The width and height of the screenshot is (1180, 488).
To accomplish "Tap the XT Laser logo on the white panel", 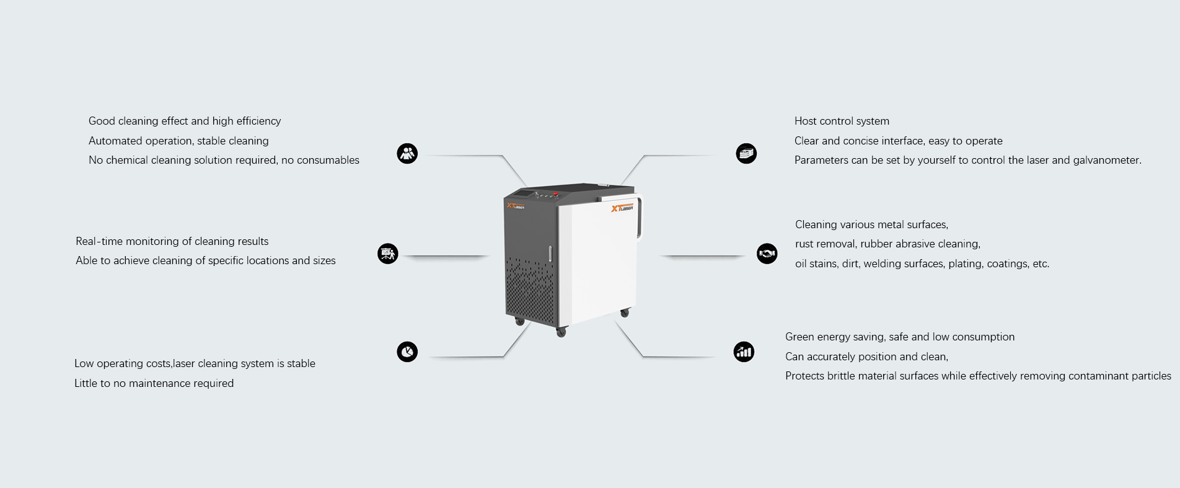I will [x=622, y=208].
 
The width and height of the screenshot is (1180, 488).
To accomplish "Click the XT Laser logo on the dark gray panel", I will [x=516, y=206].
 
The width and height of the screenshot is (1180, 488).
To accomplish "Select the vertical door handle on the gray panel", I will [x=550, y=254].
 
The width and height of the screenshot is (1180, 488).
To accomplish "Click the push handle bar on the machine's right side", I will [x=640, y=217].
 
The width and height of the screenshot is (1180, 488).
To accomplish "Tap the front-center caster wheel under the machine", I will [x=561, y=333].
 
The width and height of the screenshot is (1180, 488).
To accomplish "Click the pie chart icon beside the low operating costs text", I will [x=407, y=352].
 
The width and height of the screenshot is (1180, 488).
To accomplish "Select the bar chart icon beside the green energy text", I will [x=744, y=352].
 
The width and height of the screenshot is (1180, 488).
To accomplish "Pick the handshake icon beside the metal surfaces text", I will [x=767, y=254].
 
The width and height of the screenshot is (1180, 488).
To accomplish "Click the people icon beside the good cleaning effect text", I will [x=407, y=154].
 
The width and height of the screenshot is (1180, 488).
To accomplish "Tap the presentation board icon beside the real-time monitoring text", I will [x=388, y=254].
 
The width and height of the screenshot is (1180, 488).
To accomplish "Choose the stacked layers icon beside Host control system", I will [x=746, y=154].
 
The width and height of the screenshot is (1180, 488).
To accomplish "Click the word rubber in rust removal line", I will [x=876, y=244].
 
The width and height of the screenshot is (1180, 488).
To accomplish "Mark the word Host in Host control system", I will [x=806, y=121].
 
